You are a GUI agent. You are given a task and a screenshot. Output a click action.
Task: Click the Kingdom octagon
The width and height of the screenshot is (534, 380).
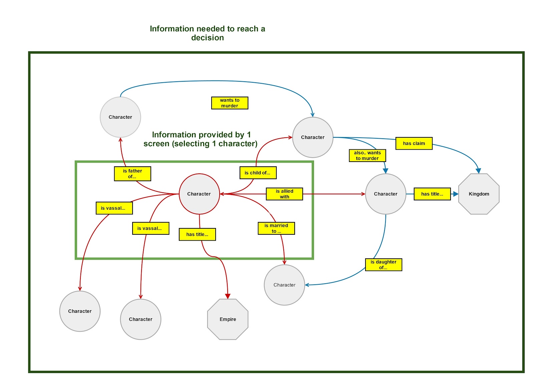[x=479, y=194]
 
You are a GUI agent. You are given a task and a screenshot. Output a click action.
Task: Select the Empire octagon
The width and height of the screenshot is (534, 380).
[x=228, y=319]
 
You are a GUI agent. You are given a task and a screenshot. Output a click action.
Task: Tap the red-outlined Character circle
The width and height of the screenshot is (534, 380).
[x=199, y=194]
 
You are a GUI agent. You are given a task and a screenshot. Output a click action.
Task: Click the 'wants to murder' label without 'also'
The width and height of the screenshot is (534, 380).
[x=230, y=103]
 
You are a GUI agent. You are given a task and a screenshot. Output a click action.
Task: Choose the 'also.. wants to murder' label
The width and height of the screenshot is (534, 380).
[x=367, y=156]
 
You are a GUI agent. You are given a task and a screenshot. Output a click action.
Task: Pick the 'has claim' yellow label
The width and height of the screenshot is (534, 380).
[x=414, y=143]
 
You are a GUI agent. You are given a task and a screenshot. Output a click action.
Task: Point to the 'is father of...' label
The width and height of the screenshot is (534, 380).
[x=132, y=174]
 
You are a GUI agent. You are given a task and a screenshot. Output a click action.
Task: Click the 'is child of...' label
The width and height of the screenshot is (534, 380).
[x=258, y=173]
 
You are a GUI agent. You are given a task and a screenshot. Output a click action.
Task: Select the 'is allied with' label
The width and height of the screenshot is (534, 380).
[x=284, y=194]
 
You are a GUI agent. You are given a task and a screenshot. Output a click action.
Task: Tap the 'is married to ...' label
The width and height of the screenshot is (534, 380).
[x=276, y=228]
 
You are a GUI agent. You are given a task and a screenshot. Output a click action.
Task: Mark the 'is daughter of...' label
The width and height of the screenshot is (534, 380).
[x=383, y=265]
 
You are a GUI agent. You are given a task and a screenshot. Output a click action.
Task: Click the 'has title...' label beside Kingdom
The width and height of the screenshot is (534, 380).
[x=432, y=194]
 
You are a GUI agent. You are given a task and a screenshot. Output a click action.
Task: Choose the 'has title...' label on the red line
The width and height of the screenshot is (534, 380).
[x=197, y=234]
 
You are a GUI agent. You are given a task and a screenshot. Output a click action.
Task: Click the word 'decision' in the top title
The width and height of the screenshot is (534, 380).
[x=207, y=38]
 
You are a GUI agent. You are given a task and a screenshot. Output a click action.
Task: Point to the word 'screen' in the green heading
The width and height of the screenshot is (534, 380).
[x=158, y=144]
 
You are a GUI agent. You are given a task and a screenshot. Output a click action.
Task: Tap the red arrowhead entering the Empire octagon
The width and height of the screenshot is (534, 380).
[x=228, y=296]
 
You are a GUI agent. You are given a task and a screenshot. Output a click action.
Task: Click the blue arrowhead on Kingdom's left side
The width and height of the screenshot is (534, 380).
[x=456, y=194]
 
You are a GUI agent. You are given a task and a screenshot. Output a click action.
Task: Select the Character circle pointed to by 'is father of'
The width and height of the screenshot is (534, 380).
[x=120, y=117]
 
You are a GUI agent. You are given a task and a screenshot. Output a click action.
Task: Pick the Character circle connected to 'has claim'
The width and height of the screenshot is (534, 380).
[x=313, y=137]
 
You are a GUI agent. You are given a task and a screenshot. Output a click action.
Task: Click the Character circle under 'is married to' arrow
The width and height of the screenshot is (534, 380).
[x=284, y=285]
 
